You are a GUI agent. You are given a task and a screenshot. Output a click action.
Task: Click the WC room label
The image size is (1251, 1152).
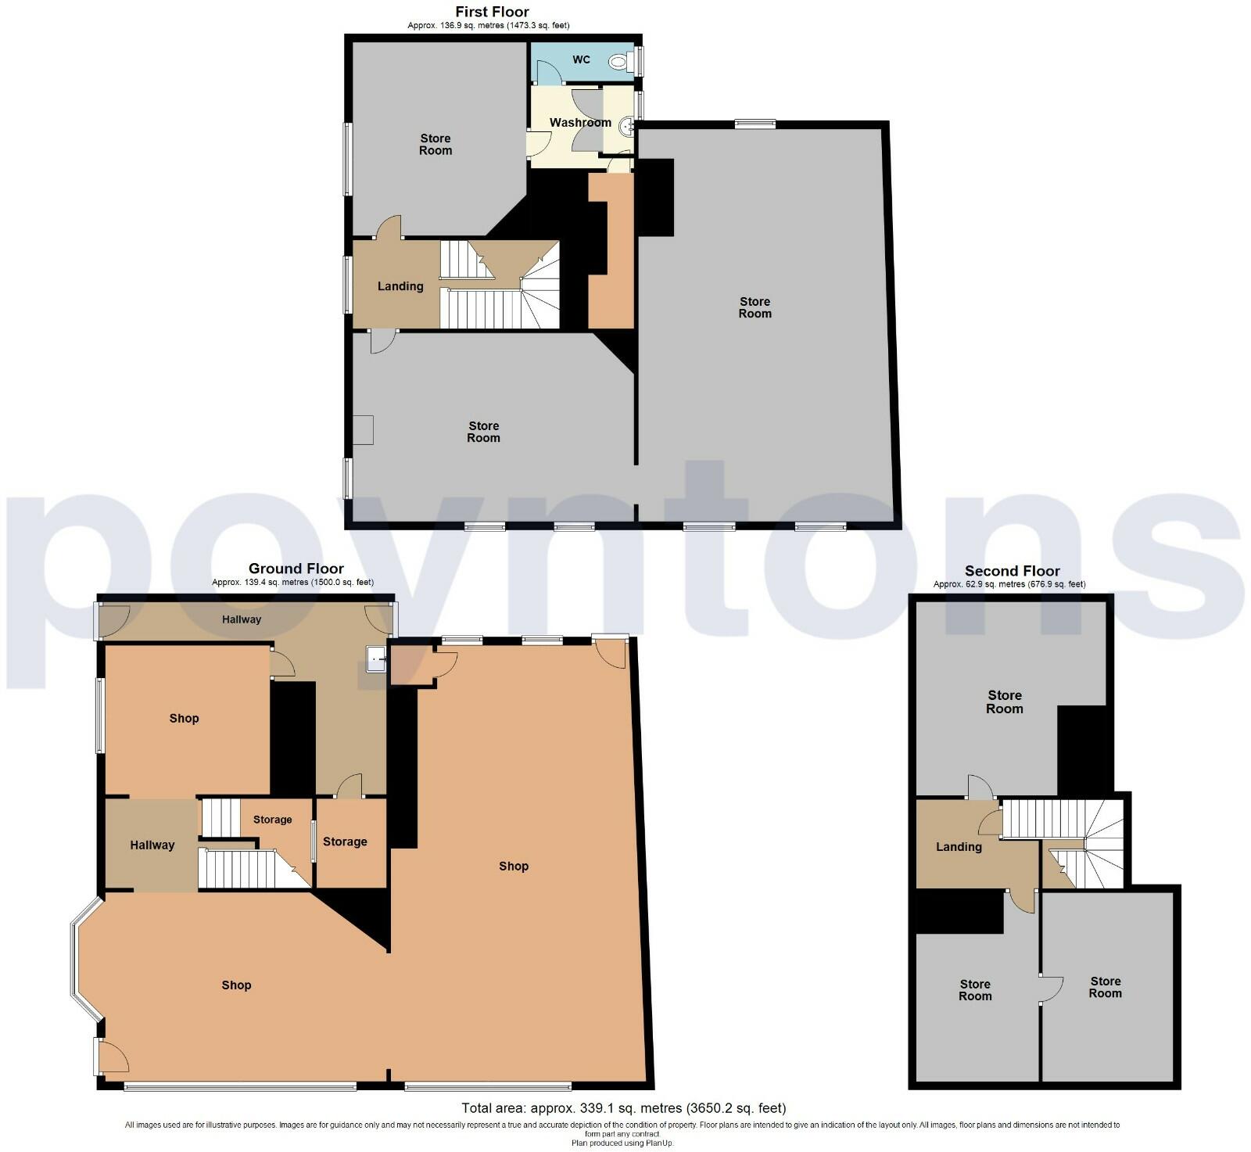tap(581, 59)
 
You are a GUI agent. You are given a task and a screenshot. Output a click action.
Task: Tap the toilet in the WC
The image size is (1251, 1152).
tap(621, 61)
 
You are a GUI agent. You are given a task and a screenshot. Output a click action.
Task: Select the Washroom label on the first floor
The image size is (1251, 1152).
tap(580, 123)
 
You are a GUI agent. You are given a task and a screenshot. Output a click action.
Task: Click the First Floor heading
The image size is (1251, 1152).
tap(492, 12)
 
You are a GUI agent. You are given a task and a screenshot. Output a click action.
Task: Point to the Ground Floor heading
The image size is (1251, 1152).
tap(296, 569)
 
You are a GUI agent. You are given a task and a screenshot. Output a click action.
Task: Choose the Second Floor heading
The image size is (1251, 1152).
tap(1012, 571)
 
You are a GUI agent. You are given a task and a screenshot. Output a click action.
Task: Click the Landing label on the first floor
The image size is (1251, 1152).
tap(400, 286)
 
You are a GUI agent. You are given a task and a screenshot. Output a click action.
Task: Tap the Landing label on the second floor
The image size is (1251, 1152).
tap(959, 847)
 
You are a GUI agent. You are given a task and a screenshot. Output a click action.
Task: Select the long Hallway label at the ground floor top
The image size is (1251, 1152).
tap(241, 619)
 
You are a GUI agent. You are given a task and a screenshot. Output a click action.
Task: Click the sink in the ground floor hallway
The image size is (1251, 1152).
tap(377, 659)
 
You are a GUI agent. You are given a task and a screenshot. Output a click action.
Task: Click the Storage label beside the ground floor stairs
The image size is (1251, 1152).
tap(272, 820)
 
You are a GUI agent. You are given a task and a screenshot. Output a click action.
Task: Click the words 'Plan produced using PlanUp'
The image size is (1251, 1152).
tap(622, 1143)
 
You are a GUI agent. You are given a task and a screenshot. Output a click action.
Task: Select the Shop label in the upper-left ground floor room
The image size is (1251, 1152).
tap(185, 719)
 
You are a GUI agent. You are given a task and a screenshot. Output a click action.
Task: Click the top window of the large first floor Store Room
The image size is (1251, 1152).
tap(755, 123)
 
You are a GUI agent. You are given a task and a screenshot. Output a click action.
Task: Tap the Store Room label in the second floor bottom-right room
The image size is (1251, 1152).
tap(1105, 987)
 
